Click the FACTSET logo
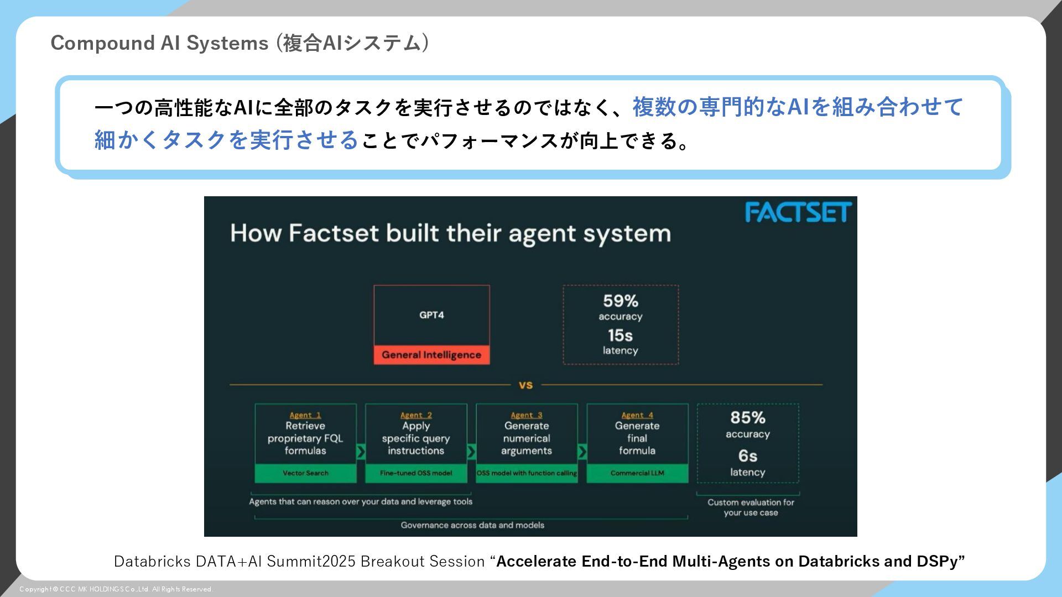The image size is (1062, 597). [798, 212]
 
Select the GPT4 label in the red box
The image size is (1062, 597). [431, 315]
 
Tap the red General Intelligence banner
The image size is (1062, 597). [431, 355]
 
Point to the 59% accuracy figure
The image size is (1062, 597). [620, 301]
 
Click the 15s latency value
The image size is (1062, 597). [620, 336]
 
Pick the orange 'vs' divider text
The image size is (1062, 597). [525, 385]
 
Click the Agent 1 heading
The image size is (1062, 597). [305, 415]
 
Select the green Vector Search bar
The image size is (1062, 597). [305, 473]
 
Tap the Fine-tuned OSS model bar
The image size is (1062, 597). [416, 473]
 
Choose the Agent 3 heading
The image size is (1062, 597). [527, 415]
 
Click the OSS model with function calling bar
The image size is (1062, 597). [527, 473]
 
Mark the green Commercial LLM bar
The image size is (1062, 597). [637, 473]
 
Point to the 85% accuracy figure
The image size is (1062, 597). [747, 418]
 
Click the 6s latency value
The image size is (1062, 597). [747, 456]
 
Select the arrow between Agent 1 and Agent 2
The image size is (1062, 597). [361, 452]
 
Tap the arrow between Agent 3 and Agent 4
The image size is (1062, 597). [582, 452]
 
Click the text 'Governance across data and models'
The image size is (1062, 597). [472, 525]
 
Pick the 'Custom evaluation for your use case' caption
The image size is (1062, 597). [751, 507]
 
